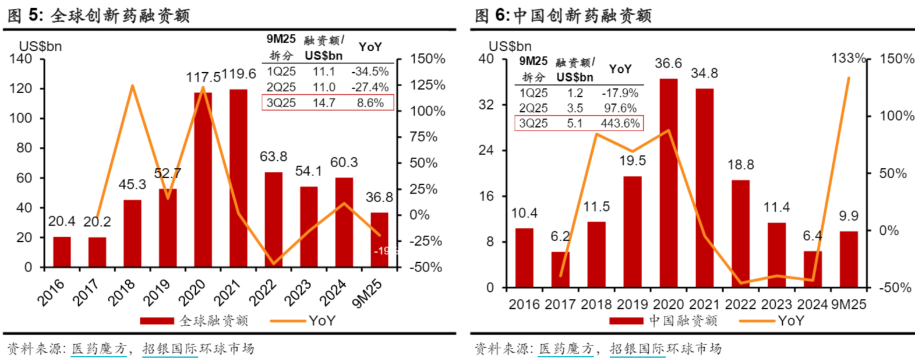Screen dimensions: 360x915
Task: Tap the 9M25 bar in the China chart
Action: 849,259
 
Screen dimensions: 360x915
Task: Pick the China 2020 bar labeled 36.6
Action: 669,183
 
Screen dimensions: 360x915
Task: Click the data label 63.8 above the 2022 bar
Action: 273,157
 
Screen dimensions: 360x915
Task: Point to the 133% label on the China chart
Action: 848,58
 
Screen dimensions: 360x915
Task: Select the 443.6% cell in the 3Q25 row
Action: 620,123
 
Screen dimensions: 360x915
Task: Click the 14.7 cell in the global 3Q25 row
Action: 324,103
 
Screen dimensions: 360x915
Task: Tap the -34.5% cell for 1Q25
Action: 370,72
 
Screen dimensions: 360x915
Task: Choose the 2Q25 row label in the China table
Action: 534,108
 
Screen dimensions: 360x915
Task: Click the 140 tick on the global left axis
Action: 21,59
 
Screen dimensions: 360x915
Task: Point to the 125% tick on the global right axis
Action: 428,85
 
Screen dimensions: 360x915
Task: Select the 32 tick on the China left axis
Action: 486,105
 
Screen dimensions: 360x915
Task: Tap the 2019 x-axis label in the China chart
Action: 633,305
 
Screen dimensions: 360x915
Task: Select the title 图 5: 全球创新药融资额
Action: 99,15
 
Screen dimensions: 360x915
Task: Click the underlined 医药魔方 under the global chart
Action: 98,349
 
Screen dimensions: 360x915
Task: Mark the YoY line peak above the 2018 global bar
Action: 132,86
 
